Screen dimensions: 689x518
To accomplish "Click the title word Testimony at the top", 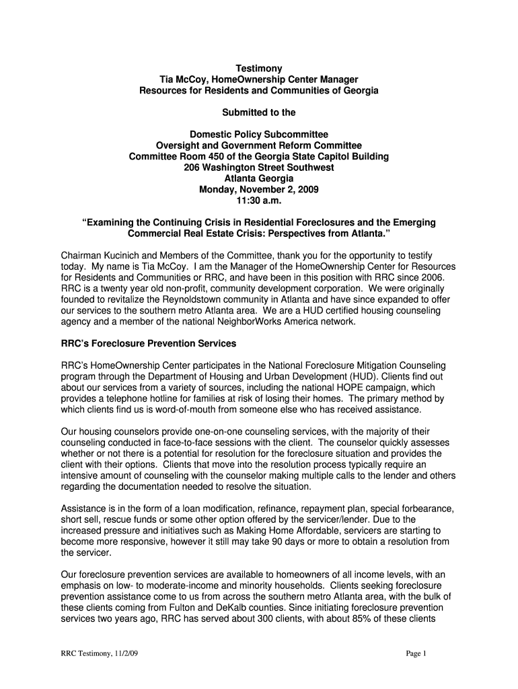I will pyautogui.click(x=258, y=68).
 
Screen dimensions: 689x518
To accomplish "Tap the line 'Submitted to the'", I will pyautogui.click(x=258, y=112).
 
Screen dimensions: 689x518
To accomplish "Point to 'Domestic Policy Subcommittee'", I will pyautogui.click(x=258, y=135).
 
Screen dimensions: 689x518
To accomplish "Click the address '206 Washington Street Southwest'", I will pyautogui.click(x=258, y=168).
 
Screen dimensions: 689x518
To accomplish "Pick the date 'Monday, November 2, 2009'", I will pyautogui.click(x=258, y=190).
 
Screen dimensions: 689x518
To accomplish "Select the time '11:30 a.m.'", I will pyautogui.click(x=258, y=201).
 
